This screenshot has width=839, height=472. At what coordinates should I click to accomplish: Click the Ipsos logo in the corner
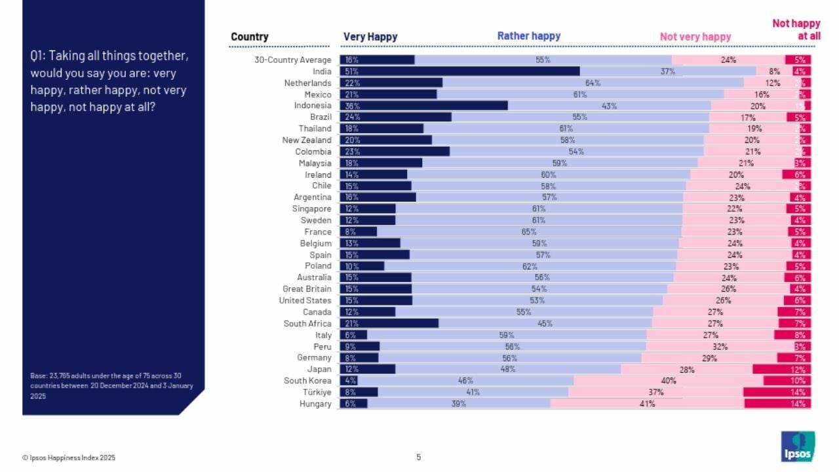pyautogui.click(x=798, y=446)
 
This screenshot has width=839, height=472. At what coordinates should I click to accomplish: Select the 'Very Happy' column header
pyautogui.click(x=370, y=37)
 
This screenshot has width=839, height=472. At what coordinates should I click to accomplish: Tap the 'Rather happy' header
pyautogui.click(x=528, y=36)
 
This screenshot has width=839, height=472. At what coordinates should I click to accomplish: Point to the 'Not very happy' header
pyautogui.click(x=695, y=37)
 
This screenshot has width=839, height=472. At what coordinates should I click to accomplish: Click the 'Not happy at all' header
pyautogui.click(x=796, y=29)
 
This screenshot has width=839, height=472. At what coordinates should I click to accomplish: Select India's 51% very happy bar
pyautogui.click(x=459, y=71)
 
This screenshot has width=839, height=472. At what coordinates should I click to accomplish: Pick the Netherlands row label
pyautogui.click(x=307, y=83)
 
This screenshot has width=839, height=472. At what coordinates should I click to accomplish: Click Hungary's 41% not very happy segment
pyautogui.click(x=647, y=404)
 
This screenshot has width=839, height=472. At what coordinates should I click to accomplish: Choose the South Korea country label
pyautogui.click(x=307, y=381)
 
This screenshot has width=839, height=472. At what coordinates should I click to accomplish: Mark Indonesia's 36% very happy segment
pyautogui.click(x=423, y=106)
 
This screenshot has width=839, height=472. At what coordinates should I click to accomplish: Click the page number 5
pyautogui.click(x=419, y=457)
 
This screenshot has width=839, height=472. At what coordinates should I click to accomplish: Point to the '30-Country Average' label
pyautogui.click(x=292, y=60)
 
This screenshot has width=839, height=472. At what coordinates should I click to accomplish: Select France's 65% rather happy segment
pyautogui.click(x=529, y=231)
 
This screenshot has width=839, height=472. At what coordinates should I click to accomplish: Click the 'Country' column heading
pyautogui.click(x=250, y=37)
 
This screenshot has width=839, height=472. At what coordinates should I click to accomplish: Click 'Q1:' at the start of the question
pyautogui.click(x=38, y=56)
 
